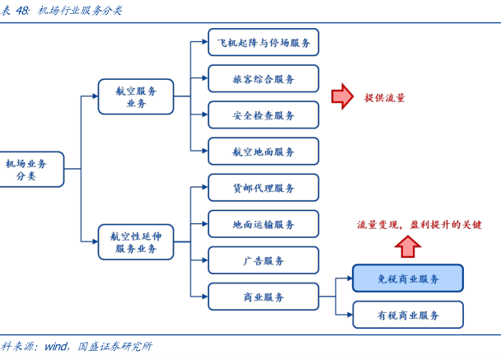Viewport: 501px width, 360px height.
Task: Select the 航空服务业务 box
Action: pos(136,96)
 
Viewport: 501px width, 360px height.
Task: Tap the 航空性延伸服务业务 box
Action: pos(136,242)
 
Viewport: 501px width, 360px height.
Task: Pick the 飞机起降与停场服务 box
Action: pos(263,42)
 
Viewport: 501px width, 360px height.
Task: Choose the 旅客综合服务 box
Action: pos(263,79)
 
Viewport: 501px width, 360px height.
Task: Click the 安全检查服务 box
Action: pos(263,115)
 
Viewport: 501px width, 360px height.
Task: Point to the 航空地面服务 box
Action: pos(263,152)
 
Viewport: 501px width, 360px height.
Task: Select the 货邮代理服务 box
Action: pos(263,188)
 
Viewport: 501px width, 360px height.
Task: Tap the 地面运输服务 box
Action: pos(263,224)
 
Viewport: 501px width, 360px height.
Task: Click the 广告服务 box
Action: pos(263,260)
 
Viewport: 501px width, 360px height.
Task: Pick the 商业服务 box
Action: pos(263,297)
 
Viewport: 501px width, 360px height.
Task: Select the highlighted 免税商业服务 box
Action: pos(408,278)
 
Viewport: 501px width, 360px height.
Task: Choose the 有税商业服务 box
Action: pos(408,315)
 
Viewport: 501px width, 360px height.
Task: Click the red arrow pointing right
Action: pos(342,97)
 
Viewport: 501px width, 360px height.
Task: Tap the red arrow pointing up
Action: pos(406,245)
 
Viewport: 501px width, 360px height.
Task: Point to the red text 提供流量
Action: pos(385,98)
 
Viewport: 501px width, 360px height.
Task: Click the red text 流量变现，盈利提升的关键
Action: pos(419,224)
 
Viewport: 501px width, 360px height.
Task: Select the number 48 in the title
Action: pos(22,10)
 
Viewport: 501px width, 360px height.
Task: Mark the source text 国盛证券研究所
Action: pos(115,347)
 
